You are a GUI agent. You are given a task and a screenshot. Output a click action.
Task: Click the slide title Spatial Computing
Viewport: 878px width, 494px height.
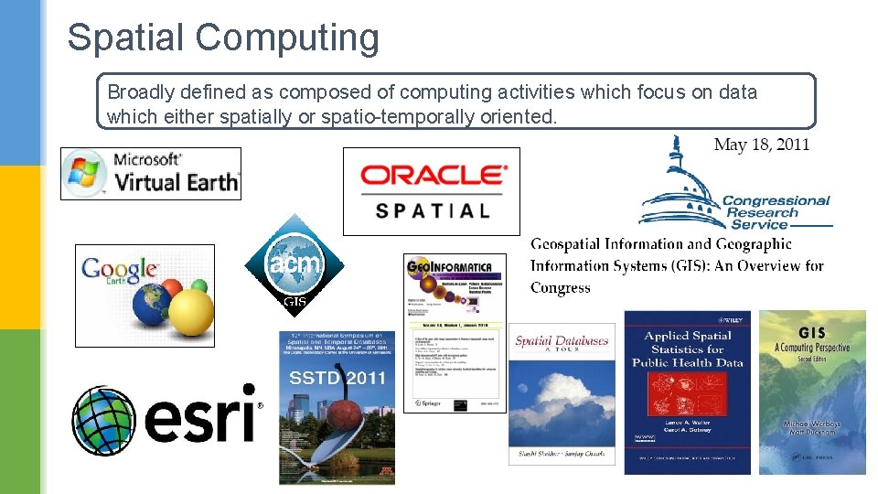click(x=222, y=38)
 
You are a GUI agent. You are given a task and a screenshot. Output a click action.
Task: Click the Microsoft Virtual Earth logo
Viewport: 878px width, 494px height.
click(x=151, y=173)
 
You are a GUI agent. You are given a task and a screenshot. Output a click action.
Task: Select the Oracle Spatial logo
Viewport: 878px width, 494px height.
click(x=432, y=191)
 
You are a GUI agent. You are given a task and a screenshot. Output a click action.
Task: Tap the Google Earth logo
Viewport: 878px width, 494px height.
click(x=145, y=295)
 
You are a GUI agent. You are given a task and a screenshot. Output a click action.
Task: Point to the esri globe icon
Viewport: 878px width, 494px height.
click(x=104, y=420)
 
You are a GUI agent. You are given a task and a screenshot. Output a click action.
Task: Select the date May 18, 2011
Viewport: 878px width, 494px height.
click(x=761, y=145)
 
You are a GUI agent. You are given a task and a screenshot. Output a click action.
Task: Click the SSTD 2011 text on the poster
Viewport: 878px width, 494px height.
click(x=337, y=378)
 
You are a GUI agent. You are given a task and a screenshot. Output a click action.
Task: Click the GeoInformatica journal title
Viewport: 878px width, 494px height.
click(x=455, y=267)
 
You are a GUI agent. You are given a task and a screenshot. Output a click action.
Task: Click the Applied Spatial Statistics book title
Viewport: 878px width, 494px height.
click(x=686, y=349)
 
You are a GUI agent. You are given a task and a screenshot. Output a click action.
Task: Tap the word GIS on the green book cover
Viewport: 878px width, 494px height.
click(x=812, y=332)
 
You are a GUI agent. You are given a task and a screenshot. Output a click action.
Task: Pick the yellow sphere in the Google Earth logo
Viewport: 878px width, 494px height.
click(x=192, y=313)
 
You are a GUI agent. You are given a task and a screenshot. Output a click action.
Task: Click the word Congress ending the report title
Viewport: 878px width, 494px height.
click(x=561, y=287)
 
